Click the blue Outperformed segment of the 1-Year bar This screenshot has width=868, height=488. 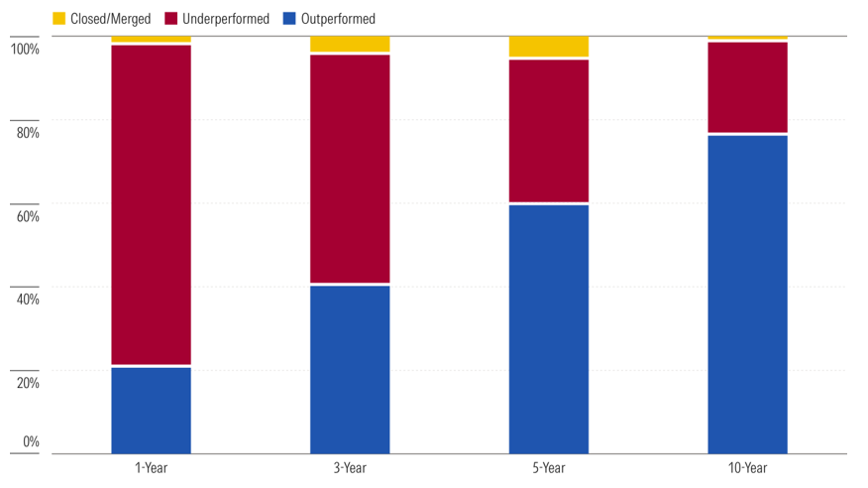[152, 411]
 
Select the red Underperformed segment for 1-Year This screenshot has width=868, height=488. [152, 205]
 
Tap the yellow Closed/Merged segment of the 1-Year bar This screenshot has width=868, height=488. [152, 40]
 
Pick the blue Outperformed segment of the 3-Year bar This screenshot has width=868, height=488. [350, 369]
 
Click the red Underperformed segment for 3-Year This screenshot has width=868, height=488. [350, 169]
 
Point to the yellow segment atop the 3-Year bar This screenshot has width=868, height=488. [350, 45]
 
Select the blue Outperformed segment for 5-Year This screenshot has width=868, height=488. [549, 329]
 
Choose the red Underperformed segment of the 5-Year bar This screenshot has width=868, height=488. [549, 131]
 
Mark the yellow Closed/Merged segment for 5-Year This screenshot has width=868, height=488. [549, 47]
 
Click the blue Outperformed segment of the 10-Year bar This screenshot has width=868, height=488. [747, 295]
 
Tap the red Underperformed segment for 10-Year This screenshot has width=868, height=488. [747, 87]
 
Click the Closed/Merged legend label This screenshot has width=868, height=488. [111, 19]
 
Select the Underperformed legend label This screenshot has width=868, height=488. [226, 19]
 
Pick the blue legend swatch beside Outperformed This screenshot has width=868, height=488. [289, 18]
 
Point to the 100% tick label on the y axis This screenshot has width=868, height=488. [26, 50]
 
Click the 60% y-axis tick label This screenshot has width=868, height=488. [28, 216]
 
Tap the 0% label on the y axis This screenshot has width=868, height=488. [31, 441]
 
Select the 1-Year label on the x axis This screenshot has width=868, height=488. [152, 468]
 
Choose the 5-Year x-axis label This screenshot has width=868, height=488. [549, 468]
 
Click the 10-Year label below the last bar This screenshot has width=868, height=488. [747, 468]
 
